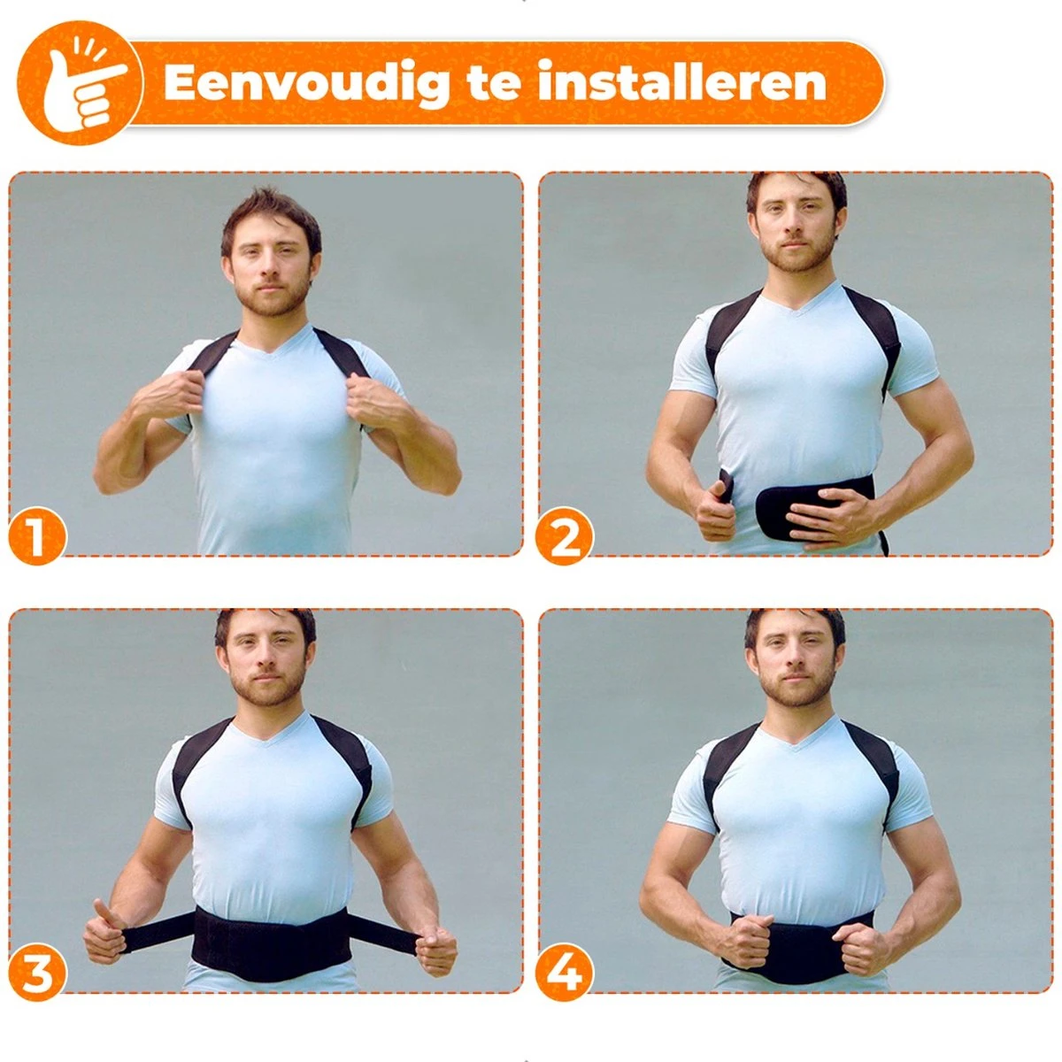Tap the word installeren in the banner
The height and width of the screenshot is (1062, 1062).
(x=682, y=81)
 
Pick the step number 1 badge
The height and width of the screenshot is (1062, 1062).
(x=37, y=536)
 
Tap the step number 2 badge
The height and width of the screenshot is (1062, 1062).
(x=565, y=536)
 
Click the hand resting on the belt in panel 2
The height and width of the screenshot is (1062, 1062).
(x=827, y=515)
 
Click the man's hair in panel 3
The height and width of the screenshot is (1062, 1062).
(x=265, y=625)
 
